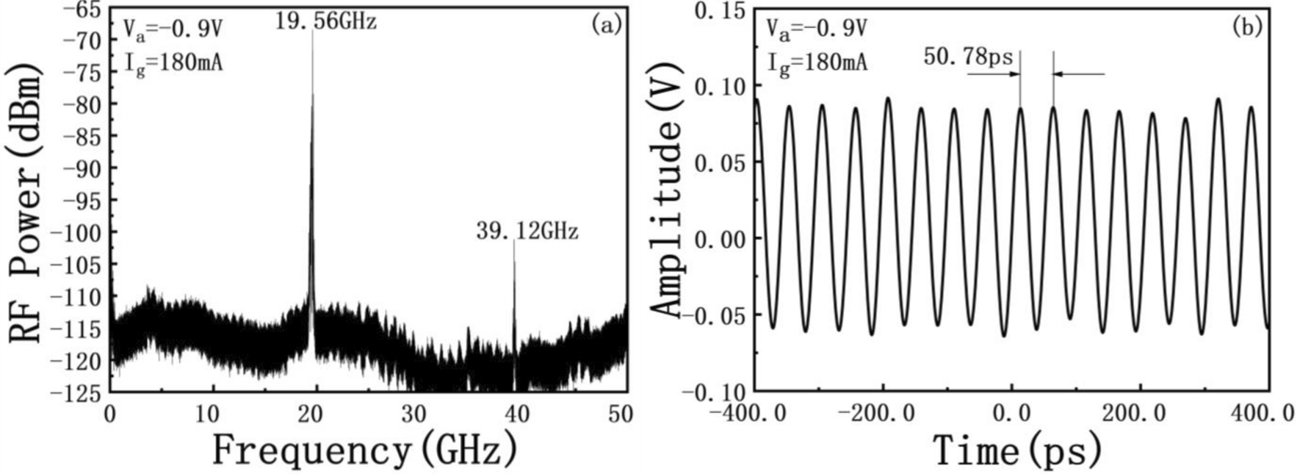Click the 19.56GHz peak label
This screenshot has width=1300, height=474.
326,21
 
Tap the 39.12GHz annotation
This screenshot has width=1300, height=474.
527,232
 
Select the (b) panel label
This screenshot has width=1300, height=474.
1247,26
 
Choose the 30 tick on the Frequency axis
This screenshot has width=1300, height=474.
416,414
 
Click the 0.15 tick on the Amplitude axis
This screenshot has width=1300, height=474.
719,10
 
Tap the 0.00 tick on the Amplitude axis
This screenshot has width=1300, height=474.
719,239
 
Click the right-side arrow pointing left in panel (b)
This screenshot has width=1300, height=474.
1080,73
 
